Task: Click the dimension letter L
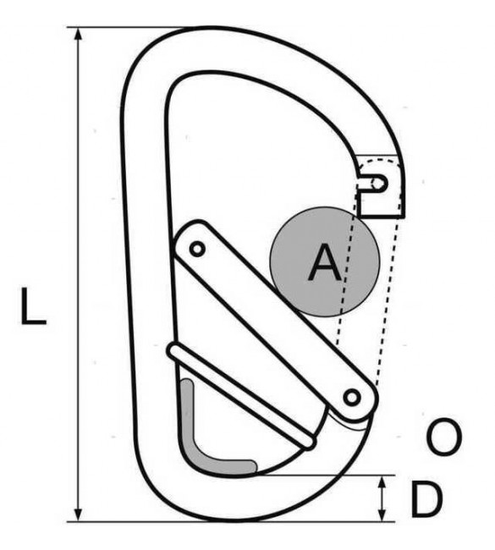(x=33, y=306)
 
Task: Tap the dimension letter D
(x=426, y=499)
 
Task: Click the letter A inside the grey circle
(x=325, y=262)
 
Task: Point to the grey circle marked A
(x=325, y=261)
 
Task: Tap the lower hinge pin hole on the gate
(x=352, y=398)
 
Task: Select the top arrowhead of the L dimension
(x=80, y=37)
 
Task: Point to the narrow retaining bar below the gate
(x=241, y=396)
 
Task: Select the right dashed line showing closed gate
(x=388, y=302)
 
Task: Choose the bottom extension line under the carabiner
(x=231, y=521)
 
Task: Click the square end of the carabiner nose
(x=382, y=217)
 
